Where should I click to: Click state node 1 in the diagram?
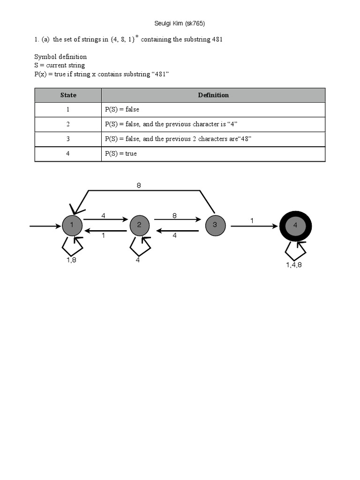tap(72, 225)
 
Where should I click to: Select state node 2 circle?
tap(139, 225)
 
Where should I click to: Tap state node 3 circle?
tap(215, 225)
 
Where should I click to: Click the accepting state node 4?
tap(295, 225)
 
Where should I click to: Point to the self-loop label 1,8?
tap(72, 260)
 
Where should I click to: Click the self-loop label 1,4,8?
tap(294, 265)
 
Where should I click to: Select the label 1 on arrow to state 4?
tap(252, 220)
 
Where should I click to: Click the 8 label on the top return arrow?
tap(139, 186)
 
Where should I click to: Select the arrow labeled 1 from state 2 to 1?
tap(105, 231)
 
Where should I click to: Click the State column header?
tap(68, 95)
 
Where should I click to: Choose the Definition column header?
tap(213, 95)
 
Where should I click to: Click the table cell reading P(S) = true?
tap(121, 154)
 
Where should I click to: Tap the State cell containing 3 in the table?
tap(68, 139)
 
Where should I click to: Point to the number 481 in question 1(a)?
tap(217, 40)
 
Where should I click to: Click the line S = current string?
tap(60, 65)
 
